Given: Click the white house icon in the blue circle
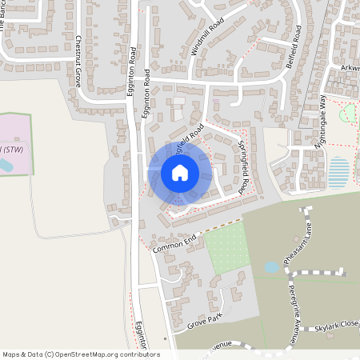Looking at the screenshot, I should (x=180, y=173).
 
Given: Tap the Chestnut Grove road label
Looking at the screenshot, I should (x=78, y=61).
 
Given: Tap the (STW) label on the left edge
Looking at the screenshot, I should (x=12, y=149).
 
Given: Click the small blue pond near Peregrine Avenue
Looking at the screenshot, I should (x=271, y=266).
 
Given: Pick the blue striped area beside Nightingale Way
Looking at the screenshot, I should (x=339, y=170).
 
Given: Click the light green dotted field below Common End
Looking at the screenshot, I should (x=229, y=247).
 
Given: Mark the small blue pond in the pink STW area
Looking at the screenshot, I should (x=5, y=166).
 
